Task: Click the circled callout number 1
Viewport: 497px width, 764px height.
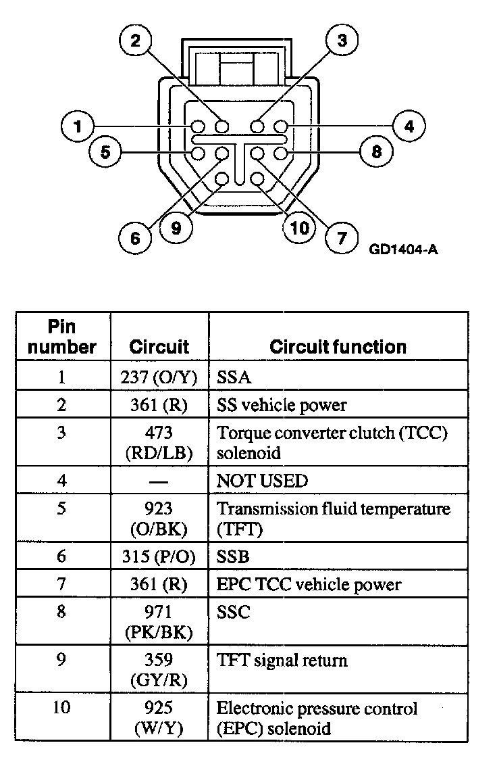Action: click(78, 126)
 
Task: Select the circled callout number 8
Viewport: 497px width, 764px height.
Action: click(376, 151)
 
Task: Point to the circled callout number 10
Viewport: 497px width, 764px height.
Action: click(299, 228)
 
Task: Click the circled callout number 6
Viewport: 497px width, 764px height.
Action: click(135, 237)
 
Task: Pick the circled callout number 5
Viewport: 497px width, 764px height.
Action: click(105, 151)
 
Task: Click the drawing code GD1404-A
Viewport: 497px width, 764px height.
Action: click(404, 249)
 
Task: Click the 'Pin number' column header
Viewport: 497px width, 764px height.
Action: click(62, 337)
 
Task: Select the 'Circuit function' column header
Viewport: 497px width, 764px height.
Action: click(338, 347)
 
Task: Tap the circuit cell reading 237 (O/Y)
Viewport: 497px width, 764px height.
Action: click(159, 377)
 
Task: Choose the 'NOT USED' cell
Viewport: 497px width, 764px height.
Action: click(261, 481)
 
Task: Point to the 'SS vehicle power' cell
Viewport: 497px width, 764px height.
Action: click(282, 405)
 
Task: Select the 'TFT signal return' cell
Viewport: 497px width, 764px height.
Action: click(282, 660)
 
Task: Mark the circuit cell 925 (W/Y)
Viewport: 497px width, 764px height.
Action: click(159, 718)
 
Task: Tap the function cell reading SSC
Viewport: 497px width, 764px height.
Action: click(234, 612)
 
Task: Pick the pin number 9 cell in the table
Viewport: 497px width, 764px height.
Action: click(62, 660)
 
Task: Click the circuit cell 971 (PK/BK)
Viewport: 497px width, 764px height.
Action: click(159, 622)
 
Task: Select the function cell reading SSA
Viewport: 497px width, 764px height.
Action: click(234, 377)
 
